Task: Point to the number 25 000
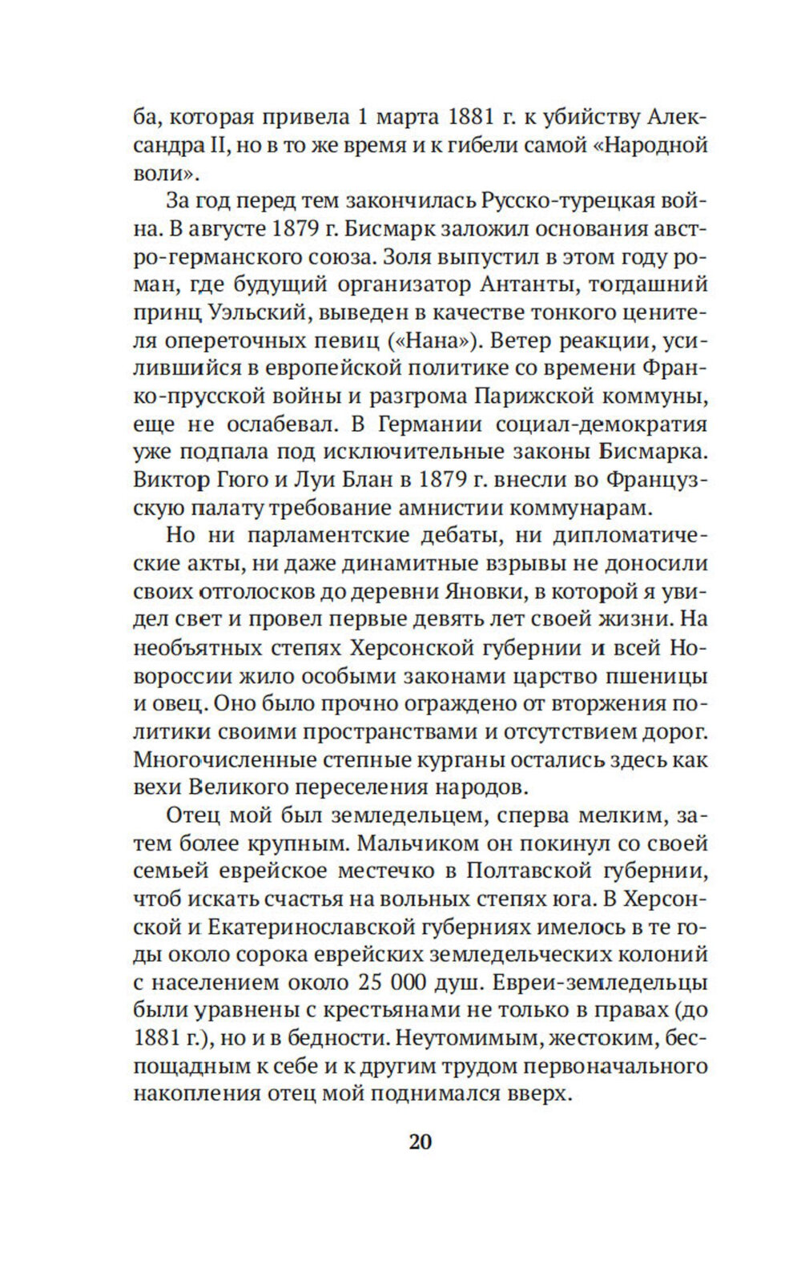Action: click(x=399, y=983)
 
